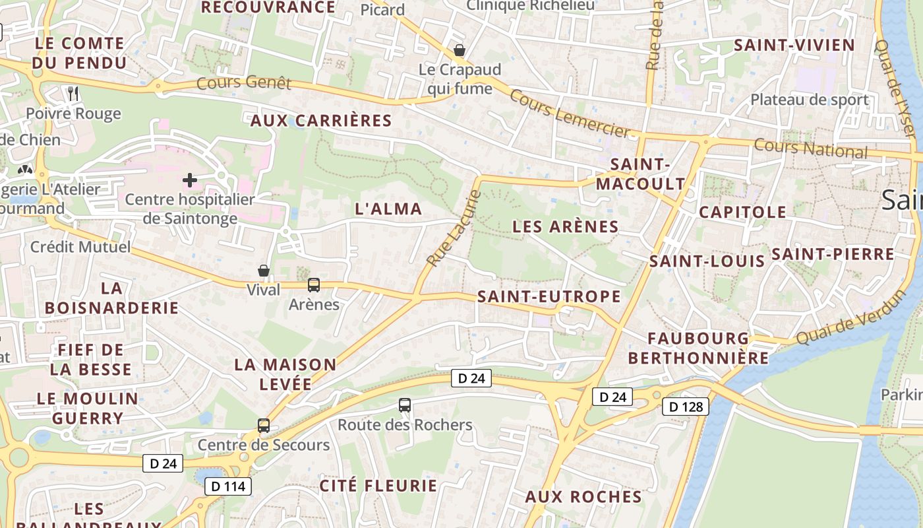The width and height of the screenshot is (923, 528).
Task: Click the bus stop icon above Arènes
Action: tap(314, 285)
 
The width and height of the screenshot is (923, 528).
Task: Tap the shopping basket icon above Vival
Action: tap(264, 271)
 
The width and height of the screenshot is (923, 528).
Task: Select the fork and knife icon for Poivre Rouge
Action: tap(73, 94)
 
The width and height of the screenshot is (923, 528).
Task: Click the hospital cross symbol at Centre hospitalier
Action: tap(190, 180)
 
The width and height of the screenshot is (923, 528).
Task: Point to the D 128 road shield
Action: tap(685, 407)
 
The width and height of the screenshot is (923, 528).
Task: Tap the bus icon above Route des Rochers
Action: tap(405, 405)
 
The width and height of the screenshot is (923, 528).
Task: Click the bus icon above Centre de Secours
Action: tap(264, 425)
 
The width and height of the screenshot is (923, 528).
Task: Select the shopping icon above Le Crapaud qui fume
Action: tap(460, 50)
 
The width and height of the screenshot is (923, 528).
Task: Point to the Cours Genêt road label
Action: tap(244, 82)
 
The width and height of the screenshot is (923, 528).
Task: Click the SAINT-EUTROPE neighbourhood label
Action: tap(549, 296)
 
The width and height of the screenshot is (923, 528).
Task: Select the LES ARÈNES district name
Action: tap(566, 227)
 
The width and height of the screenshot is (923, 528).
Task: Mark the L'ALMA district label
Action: tap(388, 209)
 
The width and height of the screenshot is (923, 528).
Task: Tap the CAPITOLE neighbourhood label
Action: tap(742, 212)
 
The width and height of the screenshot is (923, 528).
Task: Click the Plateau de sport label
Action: tap(810, 100)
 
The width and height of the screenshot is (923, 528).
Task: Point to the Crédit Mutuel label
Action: tap(80, 247)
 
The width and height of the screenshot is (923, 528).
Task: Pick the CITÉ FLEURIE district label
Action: tap(378, 486)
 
